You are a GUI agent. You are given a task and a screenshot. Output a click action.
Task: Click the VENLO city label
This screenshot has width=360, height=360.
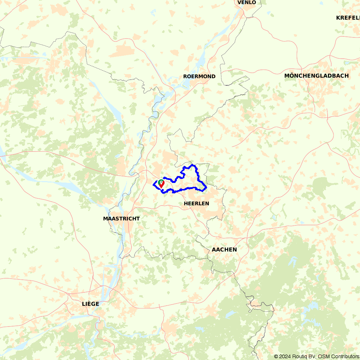[x=247, y=3]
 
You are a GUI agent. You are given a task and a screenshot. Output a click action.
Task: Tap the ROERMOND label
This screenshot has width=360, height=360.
[x=199, y=76]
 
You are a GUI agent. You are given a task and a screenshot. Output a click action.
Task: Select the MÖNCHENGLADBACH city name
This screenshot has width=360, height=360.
[x=316, y=76]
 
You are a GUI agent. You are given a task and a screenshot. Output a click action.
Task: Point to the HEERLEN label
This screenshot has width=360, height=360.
[x=196, y=203]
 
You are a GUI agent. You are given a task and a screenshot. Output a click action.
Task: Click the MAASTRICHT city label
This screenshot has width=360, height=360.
[x=121, y=219]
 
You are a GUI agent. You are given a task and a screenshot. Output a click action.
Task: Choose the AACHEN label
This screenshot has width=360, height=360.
[x=224, y=249]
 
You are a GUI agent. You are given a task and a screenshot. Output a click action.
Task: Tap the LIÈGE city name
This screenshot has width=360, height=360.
[x=90, y=304]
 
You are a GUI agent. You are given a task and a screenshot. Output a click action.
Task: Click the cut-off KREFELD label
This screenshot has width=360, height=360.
[x=348, y=18]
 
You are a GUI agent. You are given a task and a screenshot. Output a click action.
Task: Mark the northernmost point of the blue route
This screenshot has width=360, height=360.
[x=193, y=165]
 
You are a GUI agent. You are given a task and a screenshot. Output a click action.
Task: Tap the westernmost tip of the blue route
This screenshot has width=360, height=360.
[x=153, y=184]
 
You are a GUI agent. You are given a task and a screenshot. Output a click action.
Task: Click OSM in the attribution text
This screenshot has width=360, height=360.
[x=323, y=356]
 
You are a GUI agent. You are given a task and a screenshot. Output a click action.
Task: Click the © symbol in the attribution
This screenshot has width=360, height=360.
[x=276, y=356]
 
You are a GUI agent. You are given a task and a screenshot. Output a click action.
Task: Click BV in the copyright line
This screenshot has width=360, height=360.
[x=312, y=356]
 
